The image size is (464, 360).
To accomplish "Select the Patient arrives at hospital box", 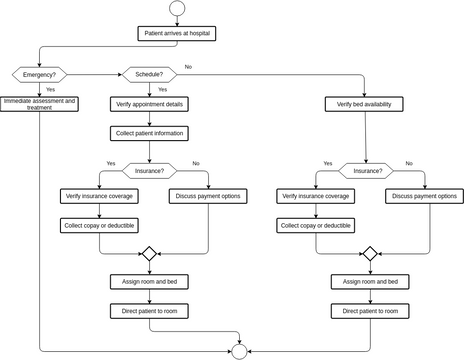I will click(x=177, y=33).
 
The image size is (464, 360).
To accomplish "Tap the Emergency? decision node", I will click(x=39, y=74).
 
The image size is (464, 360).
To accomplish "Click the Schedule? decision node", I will click(x=149, y=74).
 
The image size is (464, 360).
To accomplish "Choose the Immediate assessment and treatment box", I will click(x=39, y=103).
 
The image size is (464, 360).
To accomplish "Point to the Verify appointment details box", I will click(x=149, y=104).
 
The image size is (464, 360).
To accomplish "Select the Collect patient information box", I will click(x=149, y=133).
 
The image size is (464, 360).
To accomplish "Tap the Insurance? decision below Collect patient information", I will click(x=149, y=170).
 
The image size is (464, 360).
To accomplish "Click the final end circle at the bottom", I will click(x=239, y=351).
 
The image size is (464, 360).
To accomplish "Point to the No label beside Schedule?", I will click(x=188, y=66).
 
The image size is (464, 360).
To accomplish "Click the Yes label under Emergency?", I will click(x=49, y=89).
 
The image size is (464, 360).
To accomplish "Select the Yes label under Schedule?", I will click(x=162, y=89).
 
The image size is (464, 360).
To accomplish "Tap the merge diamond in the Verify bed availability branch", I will click(x=370, y=254).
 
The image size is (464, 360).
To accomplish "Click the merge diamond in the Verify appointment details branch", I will click(x=149, y=254).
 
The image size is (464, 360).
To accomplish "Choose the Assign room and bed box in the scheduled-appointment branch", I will click(x=149, y=282).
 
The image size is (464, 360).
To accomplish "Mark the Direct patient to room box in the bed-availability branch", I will click(x=370, y=311).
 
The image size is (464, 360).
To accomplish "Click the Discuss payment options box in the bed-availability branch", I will click(x=422, y=196).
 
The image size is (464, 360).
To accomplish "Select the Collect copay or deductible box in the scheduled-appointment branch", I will click(x=97, y=226).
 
